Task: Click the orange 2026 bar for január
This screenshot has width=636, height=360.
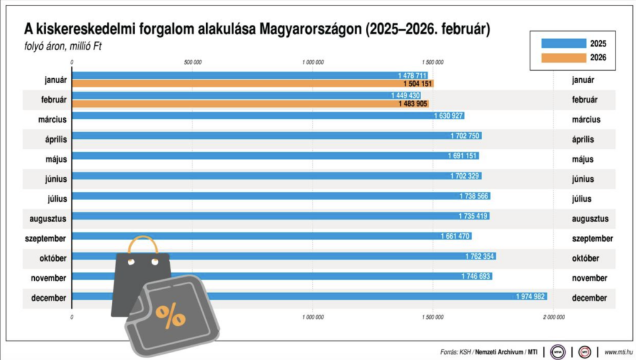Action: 248,84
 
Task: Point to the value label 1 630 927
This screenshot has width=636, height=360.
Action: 448,116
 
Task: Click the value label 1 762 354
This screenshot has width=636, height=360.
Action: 480,256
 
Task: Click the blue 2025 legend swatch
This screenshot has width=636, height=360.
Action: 563,43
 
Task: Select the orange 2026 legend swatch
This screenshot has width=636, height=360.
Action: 563,58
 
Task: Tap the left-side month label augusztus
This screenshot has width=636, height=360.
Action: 48,218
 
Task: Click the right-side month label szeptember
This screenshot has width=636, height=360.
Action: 593,238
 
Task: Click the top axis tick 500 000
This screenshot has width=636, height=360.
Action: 193,62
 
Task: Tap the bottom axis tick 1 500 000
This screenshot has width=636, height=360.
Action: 432,317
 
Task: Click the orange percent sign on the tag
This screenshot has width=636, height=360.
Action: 170,316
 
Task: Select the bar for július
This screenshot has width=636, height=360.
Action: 279,196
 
